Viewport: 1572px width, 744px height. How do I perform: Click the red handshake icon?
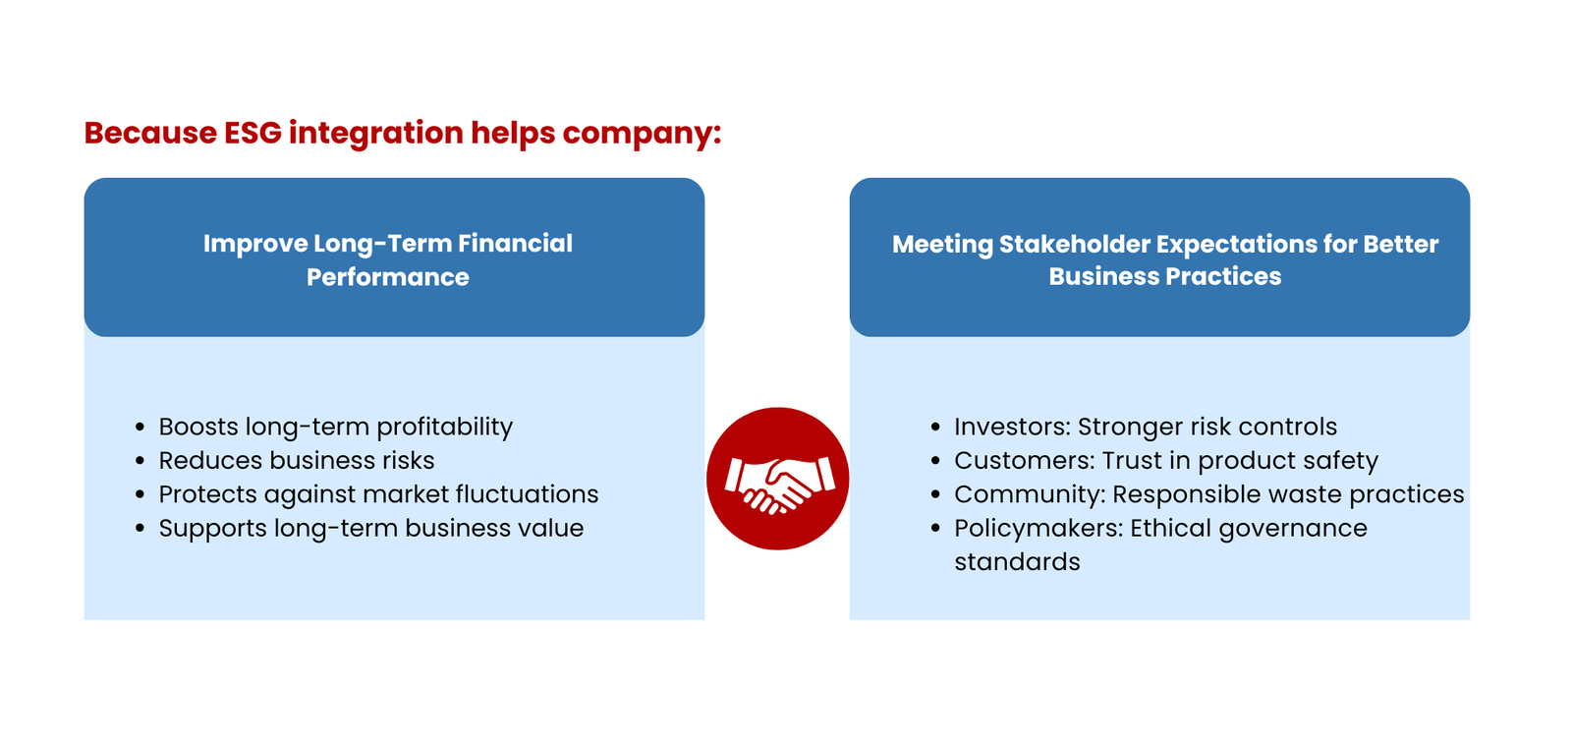pos(777,479)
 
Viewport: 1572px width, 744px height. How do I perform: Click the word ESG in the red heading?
pos(253,133)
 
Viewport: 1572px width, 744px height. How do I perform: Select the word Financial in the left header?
pos(515,244)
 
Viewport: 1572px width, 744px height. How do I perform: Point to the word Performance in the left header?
pos(388,277)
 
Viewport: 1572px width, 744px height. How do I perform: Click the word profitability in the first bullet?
pos(444,428)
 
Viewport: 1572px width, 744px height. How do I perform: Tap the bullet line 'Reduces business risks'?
pos(296,460)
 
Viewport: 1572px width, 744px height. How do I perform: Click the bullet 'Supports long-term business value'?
pos(370,528)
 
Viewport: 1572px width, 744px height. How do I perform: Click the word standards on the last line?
pos(1017,562)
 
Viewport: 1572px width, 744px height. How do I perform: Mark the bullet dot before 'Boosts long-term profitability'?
pos(140,428)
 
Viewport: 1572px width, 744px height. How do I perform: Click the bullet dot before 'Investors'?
pos(935,428)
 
